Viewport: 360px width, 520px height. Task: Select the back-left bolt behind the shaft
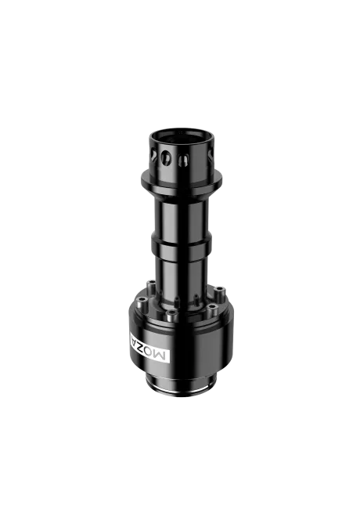(x=157, y=283)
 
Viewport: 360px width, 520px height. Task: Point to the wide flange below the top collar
(x=180, y=186)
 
